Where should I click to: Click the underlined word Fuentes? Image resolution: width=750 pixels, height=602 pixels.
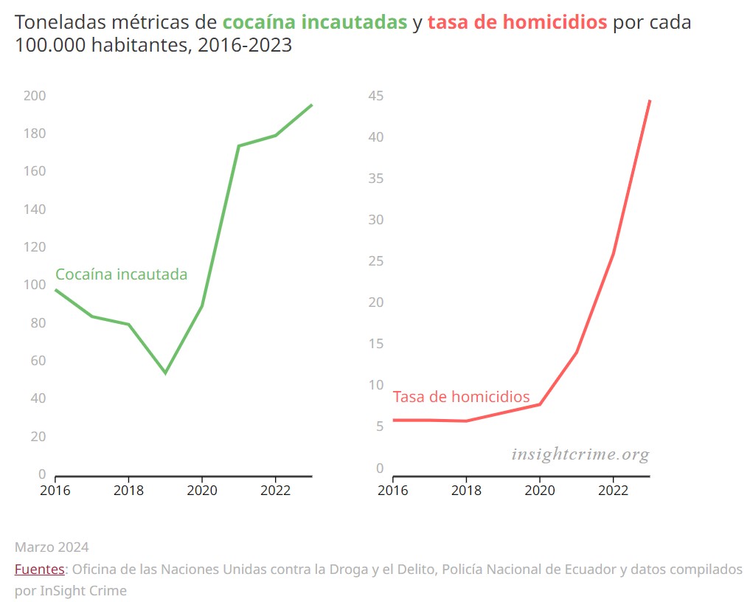(x=40, y=570)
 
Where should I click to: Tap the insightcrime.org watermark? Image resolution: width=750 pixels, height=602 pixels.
(x=580, y=454)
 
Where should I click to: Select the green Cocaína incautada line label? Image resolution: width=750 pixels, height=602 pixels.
(x=121, y=274)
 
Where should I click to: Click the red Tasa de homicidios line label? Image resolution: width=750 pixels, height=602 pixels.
(x=461, y=397)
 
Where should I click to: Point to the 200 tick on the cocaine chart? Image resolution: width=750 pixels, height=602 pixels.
(x=35, y=96)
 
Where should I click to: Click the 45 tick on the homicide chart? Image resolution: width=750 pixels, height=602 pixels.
(x=376, y=96)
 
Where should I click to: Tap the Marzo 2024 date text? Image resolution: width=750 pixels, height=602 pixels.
(x=52, y=547)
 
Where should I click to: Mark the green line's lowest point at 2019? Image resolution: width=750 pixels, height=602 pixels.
(x=165, y=373)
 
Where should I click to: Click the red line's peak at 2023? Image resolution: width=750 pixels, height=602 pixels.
(x=650, y=100)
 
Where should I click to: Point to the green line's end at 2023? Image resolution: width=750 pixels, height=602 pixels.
(x=312, y=105)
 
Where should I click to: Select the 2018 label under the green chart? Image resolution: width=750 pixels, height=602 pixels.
(x=128, y=490)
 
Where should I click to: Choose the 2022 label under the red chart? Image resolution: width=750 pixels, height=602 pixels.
(x=613, y=490)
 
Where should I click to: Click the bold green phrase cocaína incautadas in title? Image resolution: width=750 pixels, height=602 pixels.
(x=315, y=22)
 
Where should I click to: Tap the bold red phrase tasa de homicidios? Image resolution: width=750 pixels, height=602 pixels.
(x=517, y=22)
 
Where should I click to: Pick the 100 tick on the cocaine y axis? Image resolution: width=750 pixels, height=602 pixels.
(x=35, y=285)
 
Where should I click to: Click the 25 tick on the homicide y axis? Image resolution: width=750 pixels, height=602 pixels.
(x=376, y=261)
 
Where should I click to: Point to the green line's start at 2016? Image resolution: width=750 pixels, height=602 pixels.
(x=55, y=289)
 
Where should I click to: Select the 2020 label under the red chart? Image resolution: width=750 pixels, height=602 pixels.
(x=539, y=490)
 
